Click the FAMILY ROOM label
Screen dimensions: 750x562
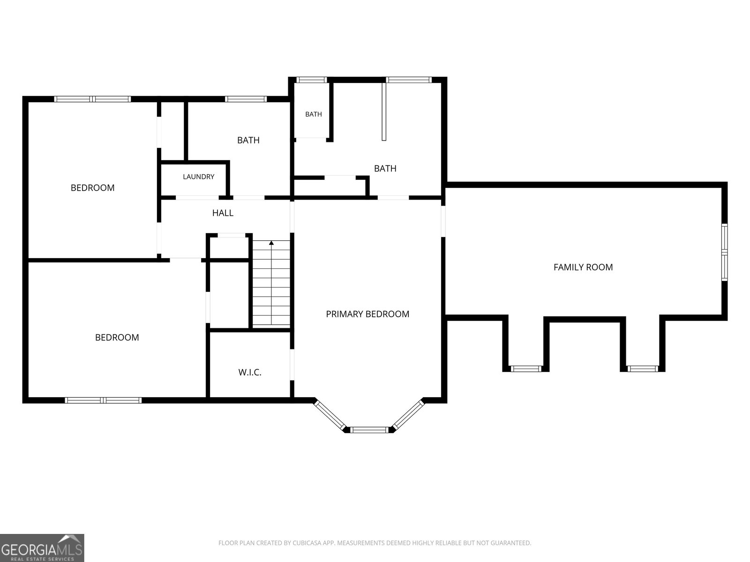(x=583, y=267)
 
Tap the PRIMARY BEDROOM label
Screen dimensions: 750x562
(x=367, y=314)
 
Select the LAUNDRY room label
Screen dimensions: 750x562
(x=199, y=177)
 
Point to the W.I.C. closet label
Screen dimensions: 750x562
(x=250, y=372)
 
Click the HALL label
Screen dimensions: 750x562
(x=223, y=213)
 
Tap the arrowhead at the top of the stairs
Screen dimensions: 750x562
(x=271, y=243)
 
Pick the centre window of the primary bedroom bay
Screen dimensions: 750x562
(x=369, y=429)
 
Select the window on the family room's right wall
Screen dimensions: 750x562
(x=724, y=252)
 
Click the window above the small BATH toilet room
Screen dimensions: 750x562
(x=311, y=80)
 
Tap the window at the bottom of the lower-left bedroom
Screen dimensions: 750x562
(x=103, y=400)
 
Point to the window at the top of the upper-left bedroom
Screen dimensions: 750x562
(x=92, y=99)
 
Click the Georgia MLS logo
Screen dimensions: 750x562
(x=42, y=547)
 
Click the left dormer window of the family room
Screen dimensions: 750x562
(x=526, y=369)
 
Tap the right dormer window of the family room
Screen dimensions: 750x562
(x=642, y=369)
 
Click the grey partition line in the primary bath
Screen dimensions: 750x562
(x=384, y=111)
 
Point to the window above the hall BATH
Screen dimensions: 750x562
(x=246, y=99)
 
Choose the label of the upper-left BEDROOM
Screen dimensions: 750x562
(x=93, y=188)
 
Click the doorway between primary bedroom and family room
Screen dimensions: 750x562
(x=443, y=221)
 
